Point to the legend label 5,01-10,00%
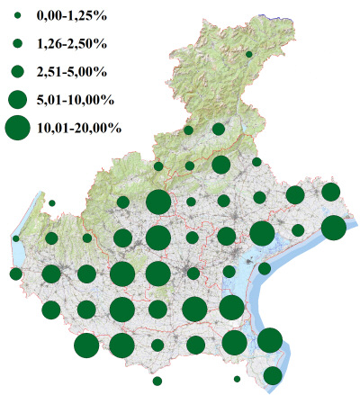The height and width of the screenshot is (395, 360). point(74,98)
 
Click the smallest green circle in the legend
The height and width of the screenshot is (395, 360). point(17,16)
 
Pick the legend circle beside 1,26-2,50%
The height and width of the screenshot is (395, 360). point(17,43)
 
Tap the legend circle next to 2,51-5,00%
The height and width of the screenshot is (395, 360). point(17,70)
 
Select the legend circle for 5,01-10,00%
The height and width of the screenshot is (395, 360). point(17,98)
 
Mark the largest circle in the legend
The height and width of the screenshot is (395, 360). point(17,128)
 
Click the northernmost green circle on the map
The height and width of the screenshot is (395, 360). point(248,55)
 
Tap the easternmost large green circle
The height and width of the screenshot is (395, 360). point(333,228)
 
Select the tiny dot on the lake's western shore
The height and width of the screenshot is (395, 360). point(16,238)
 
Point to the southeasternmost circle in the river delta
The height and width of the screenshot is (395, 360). point(273,375)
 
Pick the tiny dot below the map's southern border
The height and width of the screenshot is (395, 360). point(237,379)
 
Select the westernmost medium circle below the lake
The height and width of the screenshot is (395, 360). point(15,274)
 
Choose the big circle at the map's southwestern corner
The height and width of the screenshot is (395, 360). point(86,346)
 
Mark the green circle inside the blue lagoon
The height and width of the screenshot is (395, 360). point(265,268)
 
